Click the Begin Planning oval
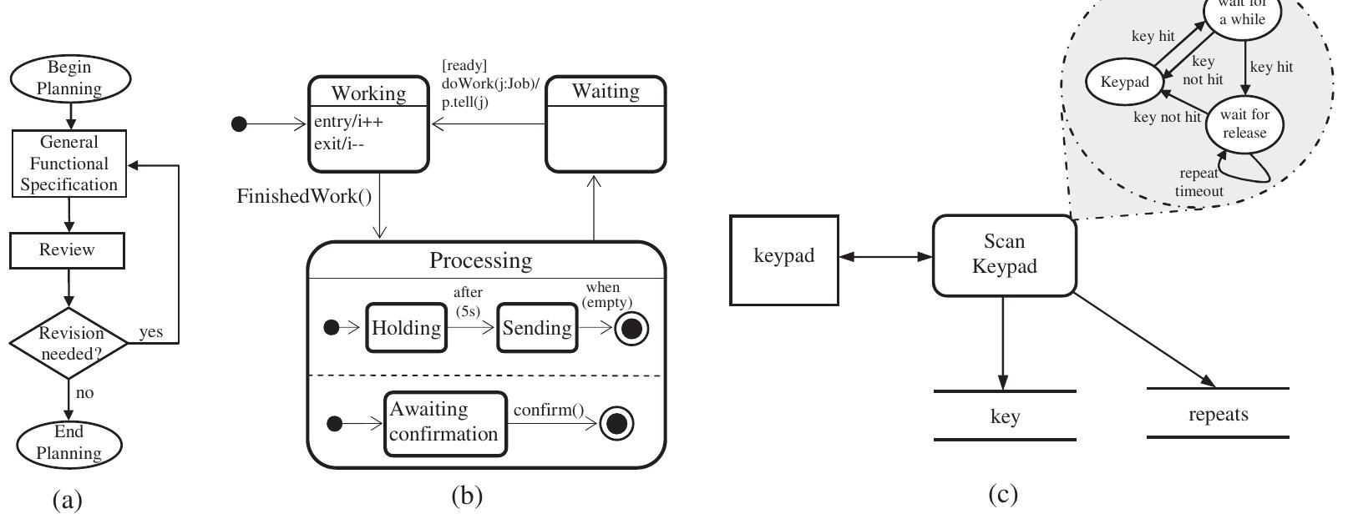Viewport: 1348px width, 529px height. (70, 78)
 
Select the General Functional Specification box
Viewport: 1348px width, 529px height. (69, 164)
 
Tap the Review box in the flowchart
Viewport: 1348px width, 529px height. (67, 250)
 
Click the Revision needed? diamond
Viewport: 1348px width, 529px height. (70, 343)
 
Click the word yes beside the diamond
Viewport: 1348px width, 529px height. (151, 332)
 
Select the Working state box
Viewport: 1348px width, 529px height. (369, 124)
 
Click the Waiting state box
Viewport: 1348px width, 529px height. (606, 124)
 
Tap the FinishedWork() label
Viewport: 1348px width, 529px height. (304, 197)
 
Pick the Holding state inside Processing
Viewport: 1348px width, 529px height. (406, 328)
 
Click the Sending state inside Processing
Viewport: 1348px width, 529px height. (537, 328)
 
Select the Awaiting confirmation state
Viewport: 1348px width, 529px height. (445, 423)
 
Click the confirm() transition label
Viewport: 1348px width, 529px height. (548, 410)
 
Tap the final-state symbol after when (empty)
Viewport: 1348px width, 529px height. (631, 329)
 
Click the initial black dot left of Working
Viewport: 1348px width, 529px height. (239, 124)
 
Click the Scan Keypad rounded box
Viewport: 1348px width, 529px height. (1004, 254)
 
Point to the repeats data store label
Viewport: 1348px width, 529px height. (1217, 414)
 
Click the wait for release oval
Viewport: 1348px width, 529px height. (1244, 123)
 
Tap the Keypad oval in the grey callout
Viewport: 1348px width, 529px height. (1124, 82)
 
